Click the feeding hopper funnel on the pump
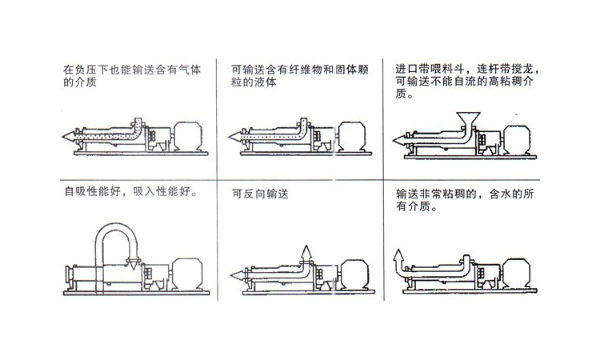click(x=468, y=118)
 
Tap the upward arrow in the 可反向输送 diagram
click(x=306, y=254)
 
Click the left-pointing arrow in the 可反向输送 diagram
click(x=238, y=274)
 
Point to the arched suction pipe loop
click(x=116, y=229)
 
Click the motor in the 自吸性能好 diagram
click(x=187, y=273)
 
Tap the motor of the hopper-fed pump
click(x=517, y=140)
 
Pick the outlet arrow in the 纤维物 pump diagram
click(x=237, y=136)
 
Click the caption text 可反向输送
click(x=260, y=194)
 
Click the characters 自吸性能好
click(x=93, y=191)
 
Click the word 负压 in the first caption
click(x=86, y=70)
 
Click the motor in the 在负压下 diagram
click(x=188, y=136)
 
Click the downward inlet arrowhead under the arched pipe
click(x=133, y=264)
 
